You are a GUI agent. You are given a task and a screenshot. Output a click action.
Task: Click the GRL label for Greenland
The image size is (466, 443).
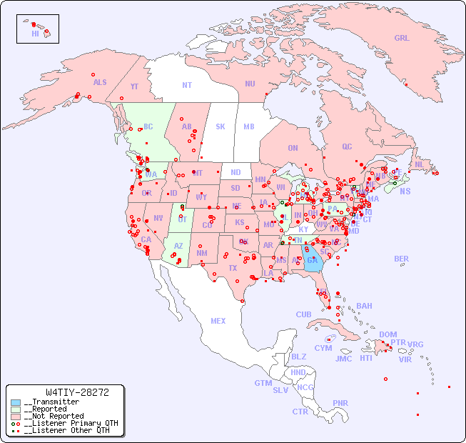click(402, 39)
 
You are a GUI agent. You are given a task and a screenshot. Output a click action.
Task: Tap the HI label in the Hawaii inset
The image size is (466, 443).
click(35, 34)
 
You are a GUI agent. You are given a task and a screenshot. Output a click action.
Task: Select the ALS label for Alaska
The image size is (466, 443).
click(100, 82)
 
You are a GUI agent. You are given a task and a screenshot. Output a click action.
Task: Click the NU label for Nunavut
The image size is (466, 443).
click(250, 84)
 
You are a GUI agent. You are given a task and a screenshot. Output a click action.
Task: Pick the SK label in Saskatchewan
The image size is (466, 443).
click(221, 126)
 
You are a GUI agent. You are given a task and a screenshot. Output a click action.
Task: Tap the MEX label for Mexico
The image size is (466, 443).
click(218, 321)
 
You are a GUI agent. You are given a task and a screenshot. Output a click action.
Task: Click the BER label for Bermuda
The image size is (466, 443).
click(402, 259)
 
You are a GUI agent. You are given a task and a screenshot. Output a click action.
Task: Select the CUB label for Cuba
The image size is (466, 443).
click(303, 314)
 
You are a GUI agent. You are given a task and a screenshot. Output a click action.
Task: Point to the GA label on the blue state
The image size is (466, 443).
click(312, 260)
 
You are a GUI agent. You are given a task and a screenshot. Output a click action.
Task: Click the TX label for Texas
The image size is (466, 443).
click(233, 269)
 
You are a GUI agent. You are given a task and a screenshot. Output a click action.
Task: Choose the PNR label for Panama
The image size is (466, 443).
click(340, 403)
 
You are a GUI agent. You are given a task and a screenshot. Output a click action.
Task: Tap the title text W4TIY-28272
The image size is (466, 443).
click(77, 392)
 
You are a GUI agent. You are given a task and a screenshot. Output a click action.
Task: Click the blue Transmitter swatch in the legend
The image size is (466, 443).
click(15, 402)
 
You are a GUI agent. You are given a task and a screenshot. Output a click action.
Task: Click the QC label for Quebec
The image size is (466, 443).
click(347, 146)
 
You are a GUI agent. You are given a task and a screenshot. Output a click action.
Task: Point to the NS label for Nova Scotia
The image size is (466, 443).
click(405, 191)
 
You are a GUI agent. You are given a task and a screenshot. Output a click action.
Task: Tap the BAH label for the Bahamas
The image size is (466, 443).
click(364, 306)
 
